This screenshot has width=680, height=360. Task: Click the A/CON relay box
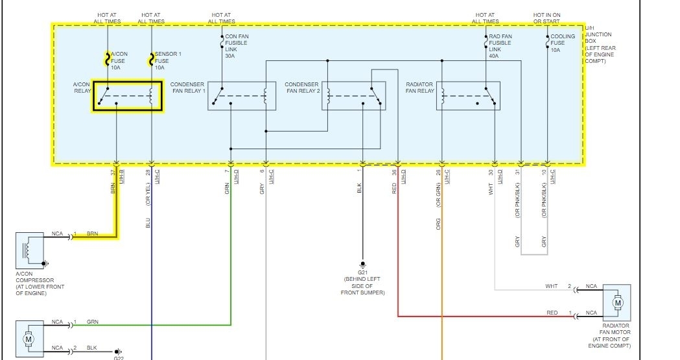[126, 95]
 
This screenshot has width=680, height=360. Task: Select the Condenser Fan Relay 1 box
[237, 95]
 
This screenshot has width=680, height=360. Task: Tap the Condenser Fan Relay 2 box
[353, 95]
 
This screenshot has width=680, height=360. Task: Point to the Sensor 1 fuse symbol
[152, 59]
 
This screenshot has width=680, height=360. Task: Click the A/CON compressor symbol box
[30, 250]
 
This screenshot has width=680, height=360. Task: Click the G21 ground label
[362, 272]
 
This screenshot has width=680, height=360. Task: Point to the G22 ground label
[119, 357]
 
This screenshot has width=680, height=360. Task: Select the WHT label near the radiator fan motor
[551, 286]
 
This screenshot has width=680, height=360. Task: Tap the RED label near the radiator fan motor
[552, 313]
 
